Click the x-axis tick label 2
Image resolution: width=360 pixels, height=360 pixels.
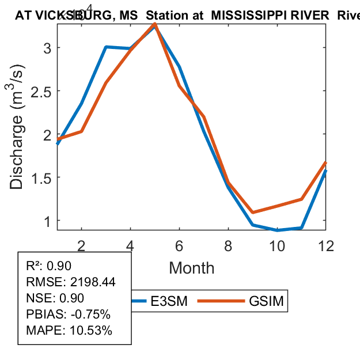81,245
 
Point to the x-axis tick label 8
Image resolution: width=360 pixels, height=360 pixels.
229,245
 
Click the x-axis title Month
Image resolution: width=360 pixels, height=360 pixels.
191,268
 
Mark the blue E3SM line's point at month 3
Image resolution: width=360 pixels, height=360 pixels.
106,47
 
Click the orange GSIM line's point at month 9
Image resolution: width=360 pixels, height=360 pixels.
253,213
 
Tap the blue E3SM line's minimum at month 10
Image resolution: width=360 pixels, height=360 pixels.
278,230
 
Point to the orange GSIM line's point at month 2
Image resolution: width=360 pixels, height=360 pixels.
81,131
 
